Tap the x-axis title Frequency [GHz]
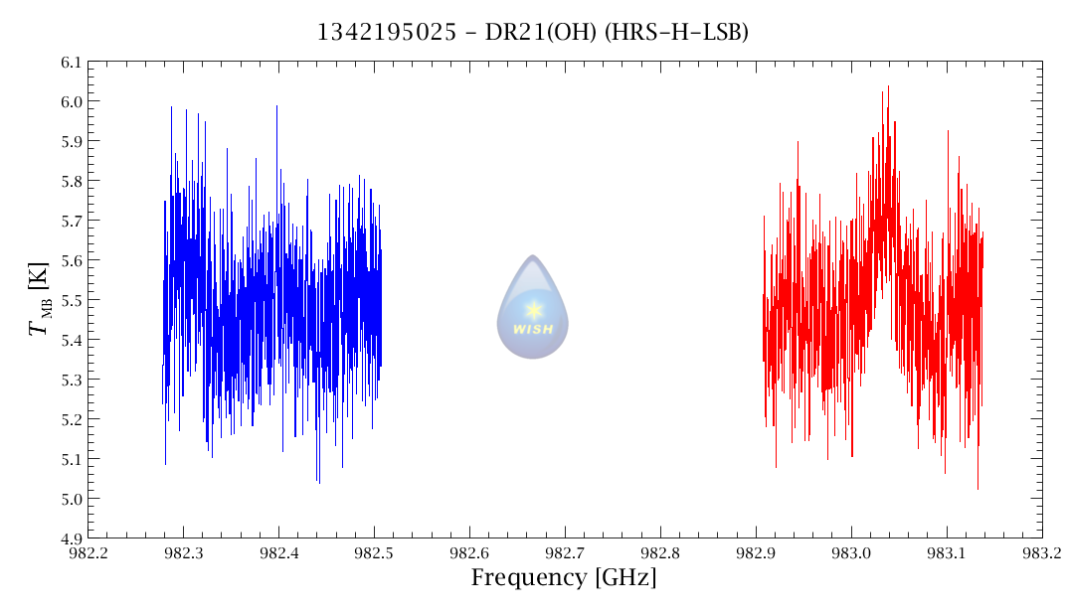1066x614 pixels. (563, 577)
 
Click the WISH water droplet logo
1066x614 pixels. (533, 308)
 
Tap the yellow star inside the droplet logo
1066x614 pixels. (533, 309)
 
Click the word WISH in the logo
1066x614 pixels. (533, 329)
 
